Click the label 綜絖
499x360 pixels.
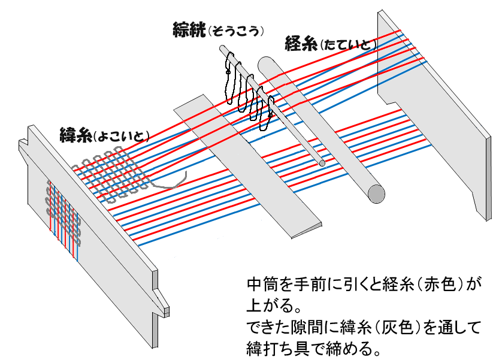point(188,29)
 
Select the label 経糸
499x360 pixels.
point(301,43)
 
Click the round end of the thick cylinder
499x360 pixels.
point(377,193)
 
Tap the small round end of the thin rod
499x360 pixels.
point(322,162)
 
